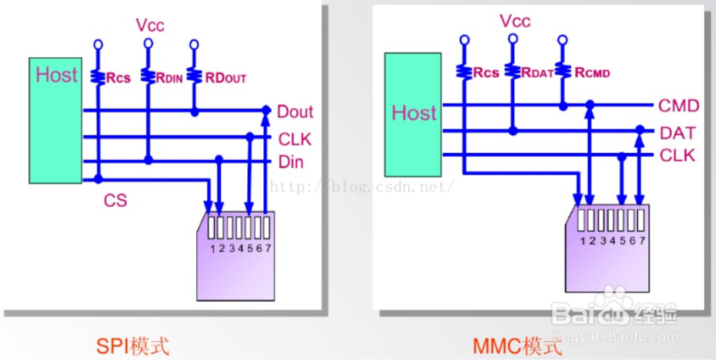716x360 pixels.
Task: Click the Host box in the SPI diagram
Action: click(x=56, y=120)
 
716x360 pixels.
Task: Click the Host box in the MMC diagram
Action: click(x=413, y=114)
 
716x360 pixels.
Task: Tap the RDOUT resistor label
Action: click(x=226, y=78)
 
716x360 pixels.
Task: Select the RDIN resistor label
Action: click(x=170, y=77)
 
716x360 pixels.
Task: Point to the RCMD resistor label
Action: click(x=592, y=73)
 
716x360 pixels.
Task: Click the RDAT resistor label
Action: click(x=537, y=73)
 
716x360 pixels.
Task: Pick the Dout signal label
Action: click(x=295, y=112)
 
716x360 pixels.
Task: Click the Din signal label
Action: click(x=290, y=161)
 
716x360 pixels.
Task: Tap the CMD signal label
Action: click(x=678, y=106)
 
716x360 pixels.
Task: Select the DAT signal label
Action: click(x=677, y=133)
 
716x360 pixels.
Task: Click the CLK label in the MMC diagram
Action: click(x=677, y=156)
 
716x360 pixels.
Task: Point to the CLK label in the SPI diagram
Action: click(x=294, y=140)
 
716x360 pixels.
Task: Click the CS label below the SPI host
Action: click(x=115, y=200)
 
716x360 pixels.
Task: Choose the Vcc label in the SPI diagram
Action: click(x=150, y=25)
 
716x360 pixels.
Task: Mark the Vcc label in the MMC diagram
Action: click(x=515, y=21)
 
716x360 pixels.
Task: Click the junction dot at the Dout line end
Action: click(x=266, y=110)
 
